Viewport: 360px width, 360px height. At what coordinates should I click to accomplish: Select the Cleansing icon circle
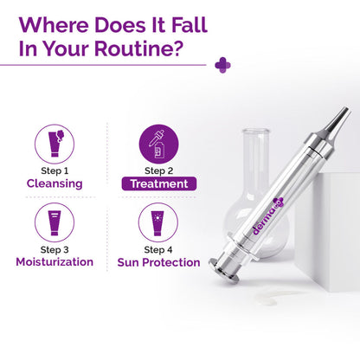(54, 141)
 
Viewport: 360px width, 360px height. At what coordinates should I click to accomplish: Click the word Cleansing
(54, 183)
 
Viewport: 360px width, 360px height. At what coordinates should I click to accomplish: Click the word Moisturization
(54, 261)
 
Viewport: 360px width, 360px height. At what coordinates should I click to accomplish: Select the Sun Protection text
(157, 261)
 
